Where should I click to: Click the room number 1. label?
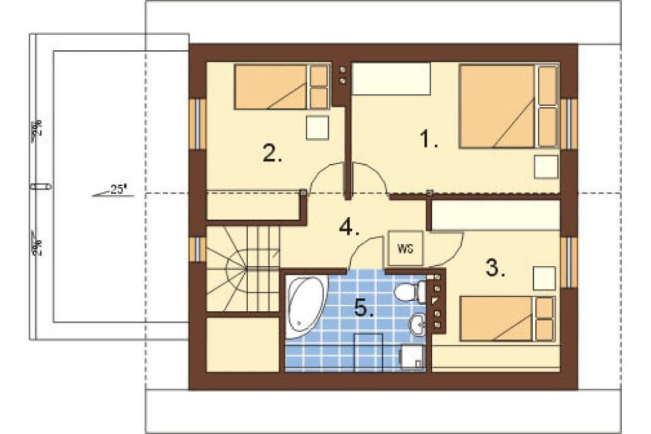(x=429, y=139)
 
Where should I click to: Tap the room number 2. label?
(x=272, y=153)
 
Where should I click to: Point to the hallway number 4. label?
(x=349, y=227)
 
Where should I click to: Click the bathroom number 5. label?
(x=364, y=308)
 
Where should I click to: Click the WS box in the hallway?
(x=405, y=248)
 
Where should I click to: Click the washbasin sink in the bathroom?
(x=417, y=323)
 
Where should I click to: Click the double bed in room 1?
(x=508, y=106)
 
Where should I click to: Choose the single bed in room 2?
(x=282, y=87)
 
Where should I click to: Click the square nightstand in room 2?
(x=318, y=128)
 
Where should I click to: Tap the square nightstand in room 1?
(x=546, y=167)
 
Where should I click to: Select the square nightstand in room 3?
(x=544, y=278)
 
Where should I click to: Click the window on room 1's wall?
(x=569, y=123)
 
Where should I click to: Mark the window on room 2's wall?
(x=198, y=123)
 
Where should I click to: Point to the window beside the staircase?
(x=198, y=250)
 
